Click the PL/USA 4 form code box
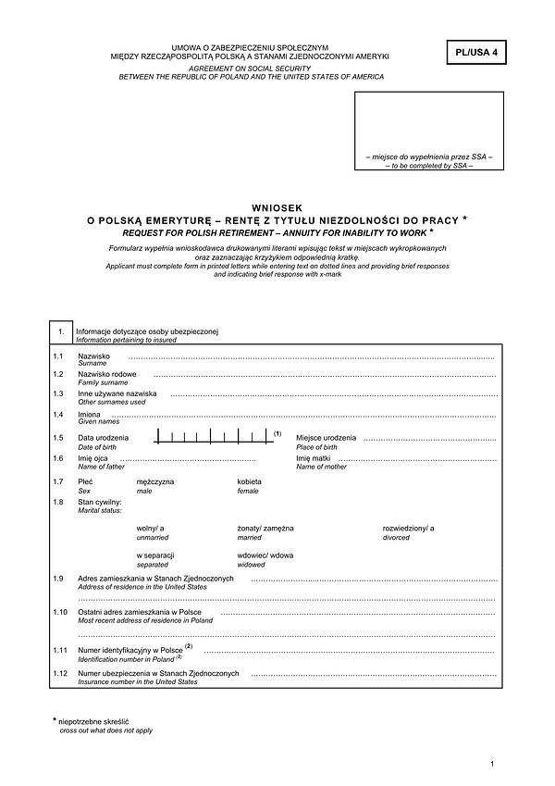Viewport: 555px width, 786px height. (476, 54)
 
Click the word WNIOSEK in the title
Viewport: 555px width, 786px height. (277, 208)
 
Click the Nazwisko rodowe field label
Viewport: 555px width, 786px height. (107, 374)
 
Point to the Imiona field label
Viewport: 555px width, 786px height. (89, 415)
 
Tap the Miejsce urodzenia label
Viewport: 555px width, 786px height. (326, 437)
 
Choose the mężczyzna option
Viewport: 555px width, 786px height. (154, 482)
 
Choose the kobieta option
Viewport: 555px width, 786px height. (250, 482)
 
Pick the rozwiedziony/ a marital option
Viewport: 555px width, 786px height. (408, 528)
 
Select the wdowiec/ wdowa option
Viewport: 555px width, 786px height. (265, 555)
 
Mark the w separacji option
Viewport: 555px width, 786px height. (155, 555)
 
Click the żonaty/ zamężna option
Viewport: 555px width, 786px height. (265, 528)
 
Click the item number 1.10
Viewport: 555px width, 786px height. (61, 613)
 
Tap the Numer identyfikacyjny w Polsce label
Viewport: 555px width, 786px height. (130, 652)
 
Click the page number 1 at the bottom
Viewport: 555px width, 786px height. (494, 763)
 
